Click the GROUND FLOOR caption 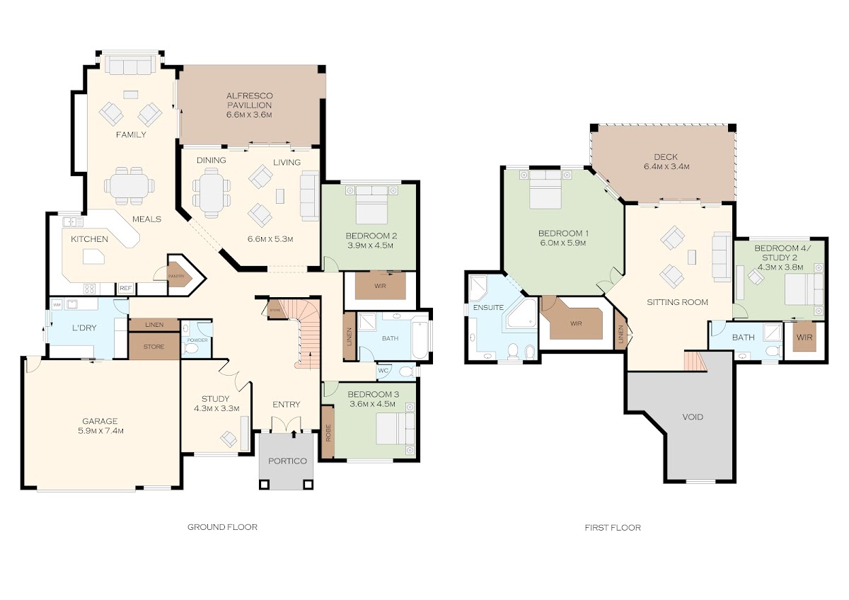[x=222, y=527]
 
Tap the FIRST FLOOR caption [x=613, y=527]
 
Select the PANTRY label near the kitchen [x=176, y=277]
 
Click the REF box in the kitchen [x=125, y=289]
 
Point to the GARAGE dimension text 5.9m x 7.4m [x=100, y=431]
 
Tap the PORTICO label [x=287, y=461]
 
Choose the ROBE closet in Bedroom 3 [x=328, y=432]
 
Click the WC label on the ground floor [x=383, y=370]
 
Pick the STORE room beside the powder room [x=154, y=346]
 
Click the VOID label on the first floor [x=693, y=417]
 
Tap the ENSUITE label [x=488, y=307]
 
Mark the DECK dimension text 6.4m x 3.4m [x=666, y=166]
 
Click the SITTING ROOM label [x=677, y=302]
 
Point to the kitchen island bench [x=93, y=256]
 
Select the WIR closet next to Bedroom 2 [x=380, y=285]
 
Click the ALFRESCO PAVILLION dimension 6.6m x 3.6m [x=249, y=115]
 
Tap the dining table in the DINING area [x=212, y=192]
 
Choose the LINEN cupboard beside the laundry [x=154, y=325]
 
